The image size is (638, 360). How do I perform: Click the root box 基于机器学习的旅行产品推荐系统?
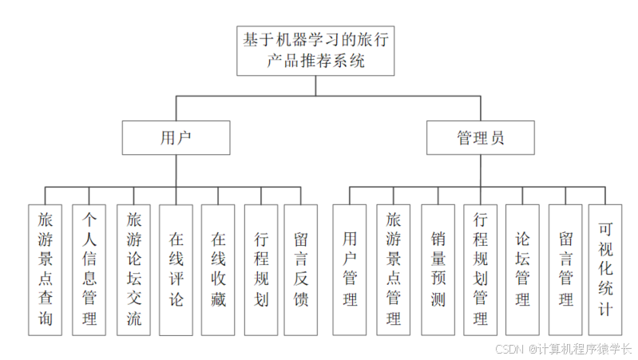pyautogui.click(x=318, y=49)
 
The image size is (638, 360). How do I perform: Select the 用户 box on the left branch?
pyautogui.click(x=176, y=137)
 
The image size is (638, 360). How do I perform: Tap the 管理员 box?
pyautogui.click(x=480, y=137)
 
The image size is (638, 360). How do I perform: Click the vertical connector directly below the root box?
pyautogui.click(x=318, y=85)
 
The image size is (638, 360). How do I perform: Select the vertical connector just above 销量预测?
pyautogui.click(x=438, y=196)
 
